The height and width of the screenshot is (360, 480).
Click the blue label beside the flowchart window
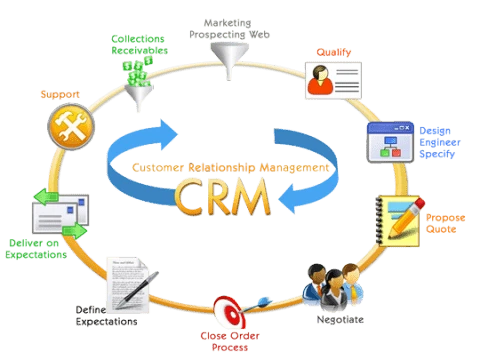[440, 143]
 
